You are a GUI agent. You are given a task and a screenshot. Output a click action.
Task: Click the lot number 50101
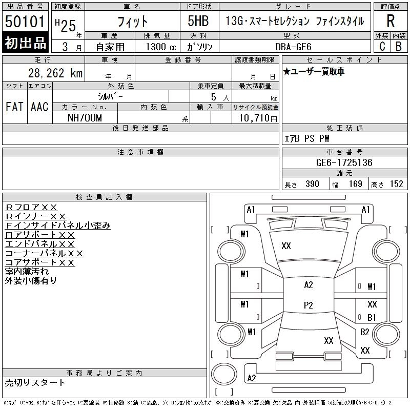click(x=25, y=22)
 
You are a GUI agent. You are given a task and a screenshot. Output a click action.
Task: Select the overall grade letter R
click(x=391, y=21)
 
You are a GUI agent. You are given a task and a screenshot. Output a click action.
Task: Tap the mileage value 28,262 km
click(x=55, y=73)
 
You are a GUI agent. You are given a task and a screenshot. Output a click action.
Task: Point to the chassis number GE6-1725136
click(x=344, y=162)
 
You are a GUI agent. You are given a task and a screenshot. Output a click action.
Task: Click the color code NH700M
click(x=85, y=118)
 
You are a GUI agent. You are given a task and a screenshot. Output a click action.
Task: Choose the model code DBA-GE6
click(x=294, y=47)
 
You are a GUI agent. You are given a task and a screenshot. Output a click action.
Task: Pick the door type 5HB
click(x=198, y=21)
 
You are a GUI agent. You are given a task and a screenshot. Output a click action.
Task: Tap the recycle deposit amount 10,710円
click(x=258, y=118)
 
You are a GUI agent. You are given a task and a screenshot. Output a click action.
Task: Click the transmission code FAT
click(x=14, y=107)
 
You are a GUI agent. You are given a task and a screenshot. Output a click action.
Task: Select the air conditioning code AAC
click(x=39, y=107)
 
